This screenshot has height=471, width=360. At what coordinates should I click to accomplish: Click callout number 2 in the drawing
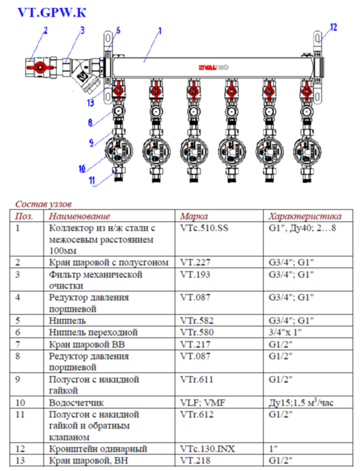click(x=46, y=30)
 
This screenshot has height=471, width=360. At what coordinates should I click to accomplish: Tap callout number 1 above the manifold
click(x=159, y=30)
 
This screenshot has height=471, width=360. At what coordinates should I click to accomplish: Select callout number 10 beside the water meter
click(x=82, y=168)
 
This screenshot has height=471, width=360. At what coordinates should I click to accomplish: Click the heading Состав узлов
click(x=43, y=203)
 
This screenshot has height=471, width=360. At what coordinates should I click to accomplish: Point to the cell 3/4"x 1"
click(x=287, y=332)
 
